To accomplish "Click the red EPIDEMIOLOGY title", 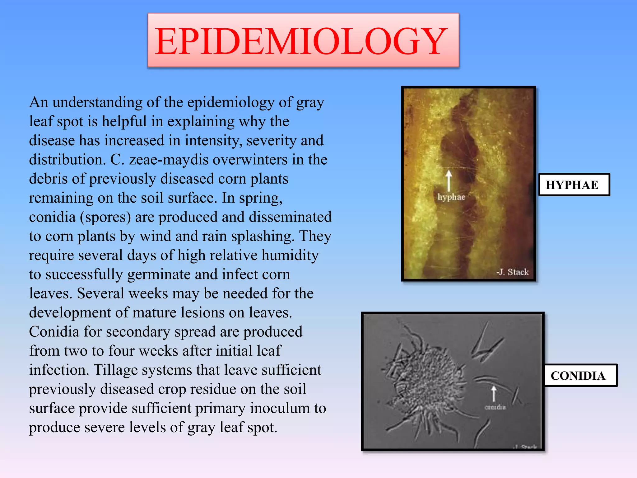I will (301, 41).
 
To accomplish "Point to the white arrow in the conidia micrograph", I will (494, 393).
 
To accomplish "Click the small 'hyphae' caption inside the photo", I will (451, 197).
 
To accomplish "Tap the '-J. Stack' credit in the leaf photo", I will (513, 272).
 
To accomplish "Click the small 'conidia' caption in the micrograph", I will (495, 407).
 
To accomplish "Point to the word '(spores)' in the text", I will (105, 217).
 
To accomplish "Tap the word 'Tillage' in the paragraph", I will (116, 370).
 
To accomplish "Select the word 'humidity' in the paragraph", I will (290, 255).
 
